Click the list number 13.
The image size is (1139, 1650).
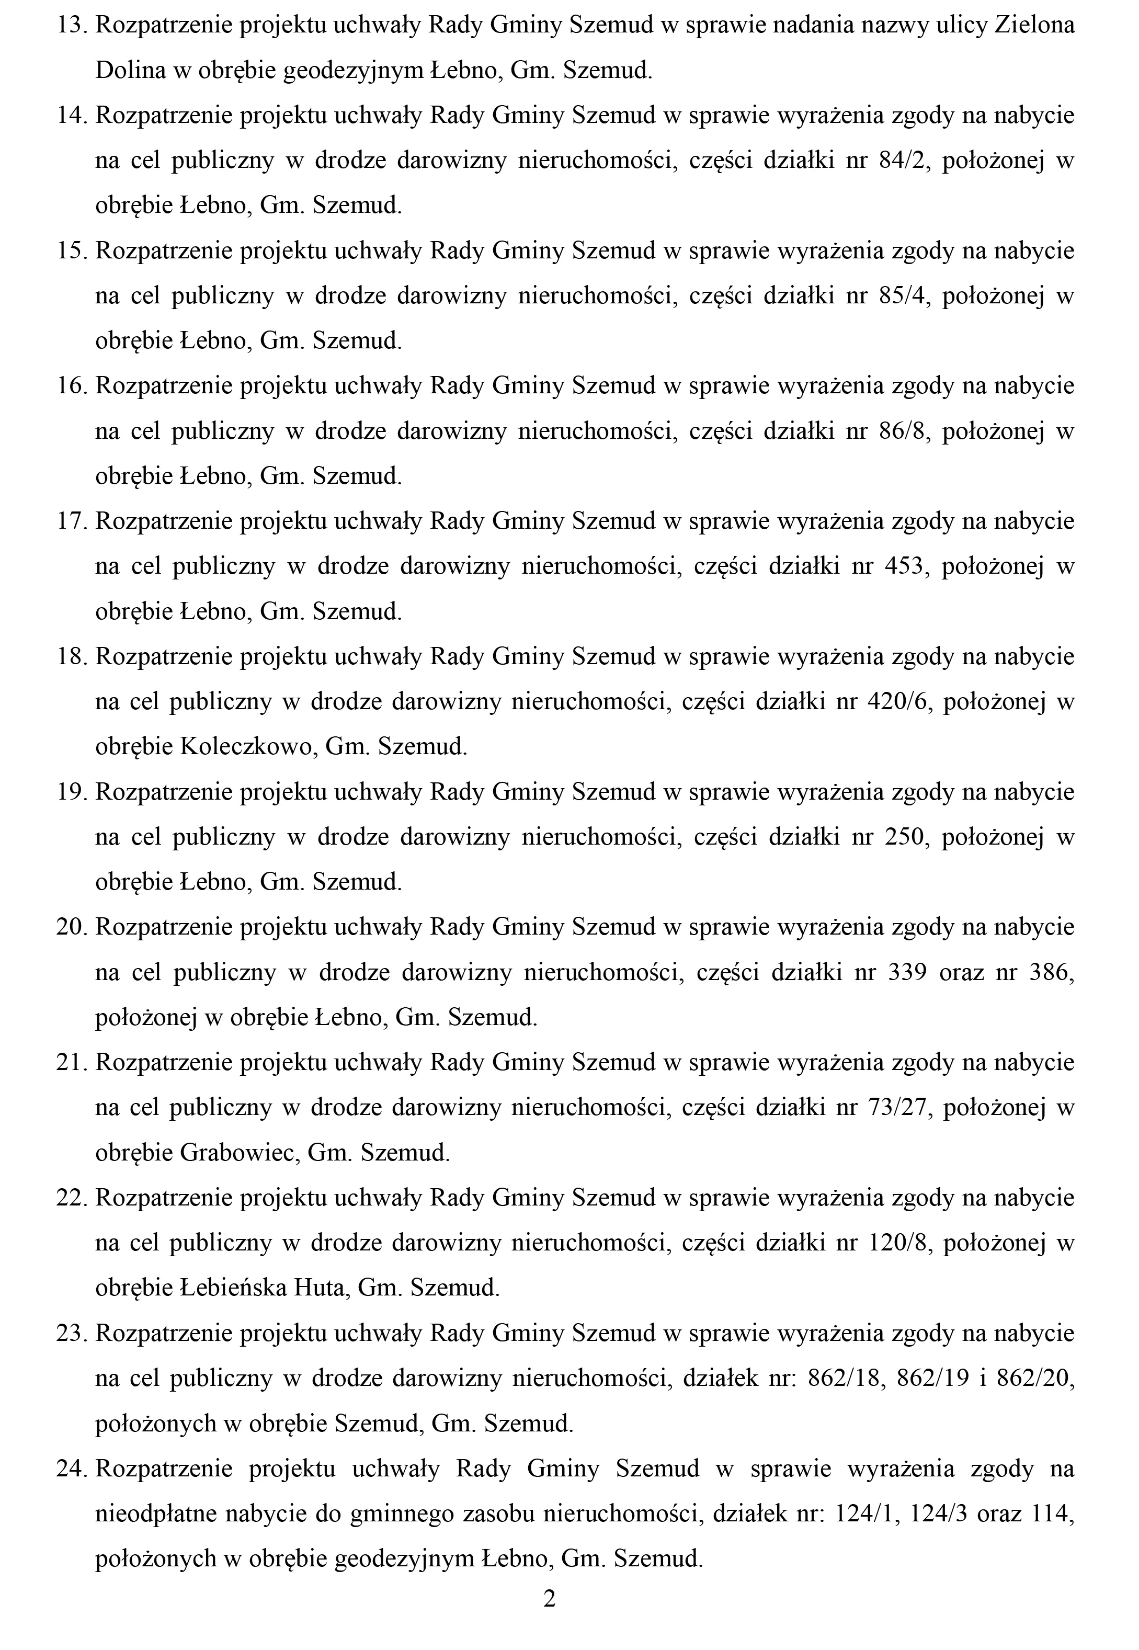click(x=71, y=26)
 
